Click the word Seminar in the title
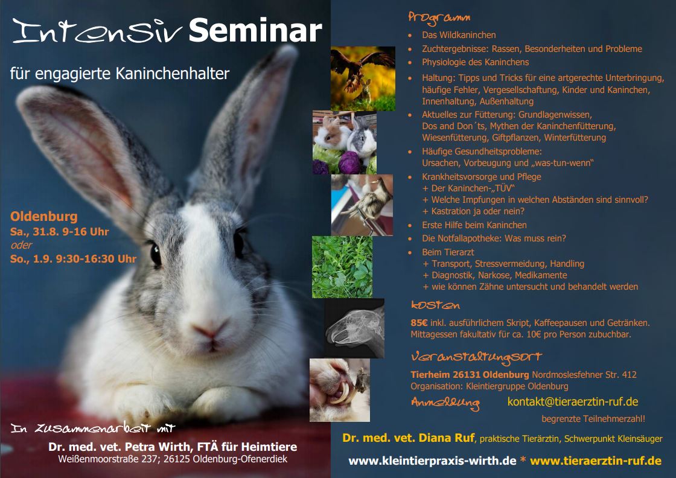(x=255, y=31)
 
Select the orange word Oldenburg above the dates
(x=44, y=217)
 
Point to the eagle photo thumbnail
(x=363, y=78)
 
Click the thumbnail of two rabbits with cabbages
(x=345, y=142)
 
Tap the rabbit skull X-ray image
(x=354, y=328)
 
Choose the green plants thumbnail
(x=342, y=267)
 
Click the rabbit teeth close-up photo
(x=340, y=390)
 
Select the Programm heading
(x=439, y=18)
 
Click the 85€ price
(x=419, y=322)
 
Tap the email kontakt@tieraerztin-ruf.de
(x=573, y=402)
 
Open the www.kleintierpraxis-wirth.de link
(x=432, y=460)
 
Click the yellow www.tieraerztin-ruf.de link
(x=595, y=460)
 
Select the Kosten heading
(x=435, y=305)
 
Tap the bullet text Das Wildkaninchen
(x=459, y=35)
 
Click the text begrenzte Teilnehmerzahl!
(x=593, y=418)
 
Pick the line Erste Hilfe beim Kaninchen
(x=474, y=225)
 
